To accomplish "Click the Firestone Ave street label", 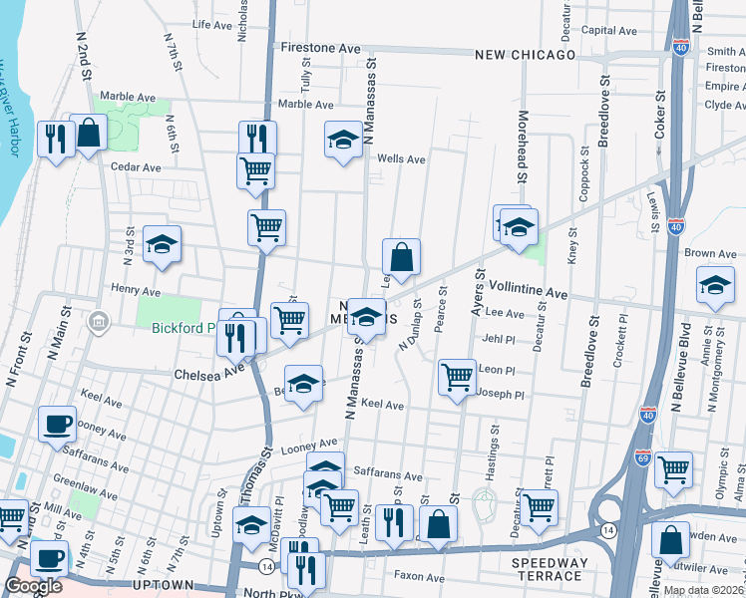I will [320, 48].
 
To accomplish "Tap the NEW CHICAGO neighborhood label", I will [525, 55].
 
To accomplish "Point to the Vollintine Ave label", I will [528, 295].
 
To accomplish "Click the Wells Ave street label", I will [401, 158].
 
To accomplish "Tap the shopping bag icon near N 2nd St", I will [89, 133].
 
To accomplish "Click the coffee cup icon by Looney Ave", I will [57, 423].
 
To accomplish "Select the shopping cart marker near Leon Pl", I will [457, 377].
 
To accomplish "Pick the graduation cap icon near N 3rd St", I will [162, 244].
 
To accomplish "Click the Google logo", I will [33, 586].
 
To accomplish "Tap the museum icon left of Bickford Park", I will [99, 322].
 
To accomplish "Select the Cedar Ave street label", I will [136, 167].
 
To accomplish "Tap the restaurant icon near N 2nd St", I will [55, 138].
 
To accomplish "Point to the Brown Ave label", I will [710, 254].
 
